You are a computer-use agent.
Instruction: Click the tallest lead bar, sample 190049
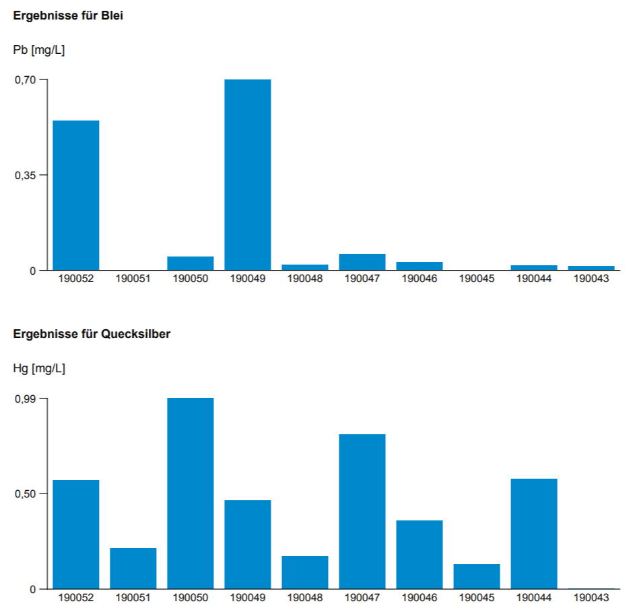pyautogui.click(x=248, y=175)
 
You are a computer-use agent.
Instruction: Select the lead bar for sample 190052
pyautogui.click(x=76, y=195)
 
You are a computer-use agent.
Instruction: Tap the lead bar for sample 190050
pyautogui.click(x=191, y=263)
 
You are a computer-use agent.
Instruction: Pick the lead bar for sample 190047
pyautogui.click(x=362, y=262)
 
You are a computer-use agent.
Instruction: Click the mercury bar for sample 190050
pyautogui.click(x=191, y=493)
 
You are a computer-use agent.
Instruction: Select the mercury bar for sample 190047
pyautogui.click(x=362, y=512)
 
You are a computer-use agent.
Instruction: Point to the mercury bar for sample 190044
pyautogui.click(x=534, y=534)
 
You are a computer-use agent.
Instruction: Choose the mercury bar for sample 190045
pyautogui.click(x=477, y=576)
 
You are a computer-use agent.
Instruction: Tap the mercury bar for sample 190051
pyautogui.click(x=133, y=568)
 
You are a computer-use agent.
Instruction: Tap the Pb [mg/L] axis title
pyautogui.click(x=39, y=50)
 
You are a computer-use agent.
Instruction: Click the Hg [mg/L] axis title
pyautogui.click(x=39, y=368)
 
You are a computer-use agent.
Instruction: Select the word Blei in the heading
pyautogui.click(x=112, y=15)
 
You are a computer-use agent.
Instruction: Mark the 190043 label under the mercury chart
pyautogui.click(x=591, y=598)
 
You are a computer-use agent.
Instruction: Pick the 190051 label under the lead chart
pyautogui.click(x=133, y=279)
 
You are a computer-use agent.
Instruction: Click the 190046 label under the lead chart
pyautogui.click(x=420, y=279)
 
